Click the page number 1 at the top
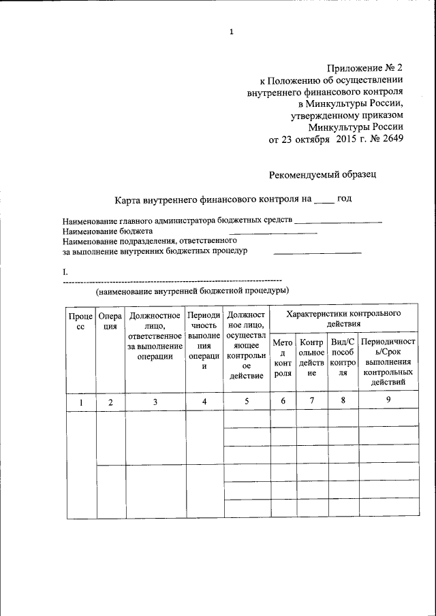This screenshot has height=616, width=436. coord(232,31)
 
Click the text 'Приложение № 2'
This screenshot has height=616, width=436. coord(364,67)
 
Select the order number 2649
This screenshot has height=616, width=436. coord(390,140)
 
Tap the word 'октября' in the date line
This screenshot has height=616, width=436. coord(322,140)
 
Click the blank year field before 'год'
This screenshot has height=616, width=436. coord(324,199)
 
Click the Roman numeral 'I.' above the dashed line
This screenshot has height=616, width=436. coord(65,272)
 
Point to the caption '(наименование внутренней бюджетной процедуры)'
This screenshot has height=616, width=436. coord(192,291)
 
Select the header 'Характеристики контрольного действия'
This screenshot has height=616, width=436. coord(343,319)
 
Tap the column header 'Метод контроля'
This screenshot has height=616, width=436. coord(283,357)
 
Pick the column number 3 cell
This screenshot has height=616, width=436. coord(155,402)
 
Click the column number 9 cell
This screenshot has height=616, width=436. coord(388,400)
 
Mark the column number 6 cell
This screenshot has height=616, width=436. coord(283,401)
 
